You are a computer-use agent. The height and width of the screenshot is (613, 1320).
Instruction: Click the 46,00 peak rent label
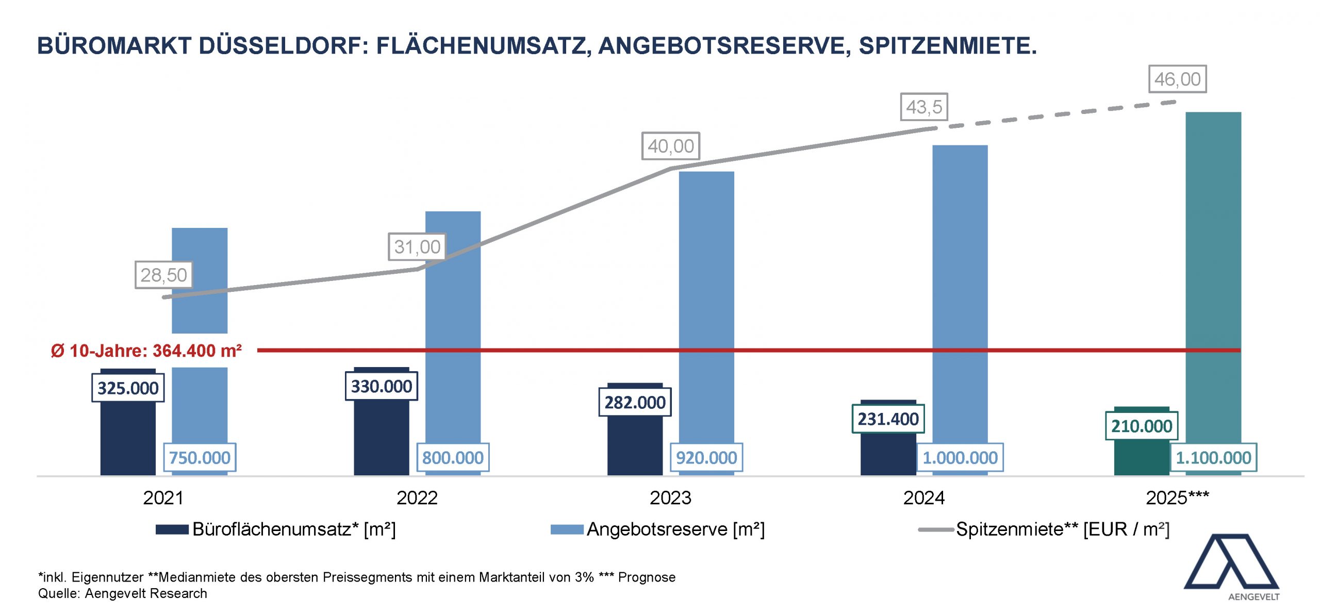pos(1177,79)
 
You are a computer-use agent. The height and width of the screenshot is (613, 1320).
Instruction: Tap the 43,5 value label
pos(923,107)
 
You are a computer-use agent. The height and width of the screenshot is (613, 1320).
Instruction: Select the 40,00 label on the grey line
pos(670,146)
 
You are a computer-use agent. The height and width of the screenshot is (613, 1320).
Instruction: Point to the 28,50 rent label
pos(163,275)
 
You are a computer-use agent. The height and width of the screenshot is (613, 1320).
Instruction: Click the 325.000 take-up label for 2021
pos(128,388)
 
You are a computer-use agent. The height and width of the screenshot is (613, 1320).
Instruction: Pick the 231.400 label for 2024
pos(888,419)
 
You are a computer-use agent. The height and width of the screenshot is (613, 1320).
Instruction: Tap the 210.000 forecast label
pos(1142,426)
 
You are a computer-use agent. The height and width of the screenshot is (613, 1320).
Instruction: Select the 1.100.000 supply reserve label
pos(1213,458)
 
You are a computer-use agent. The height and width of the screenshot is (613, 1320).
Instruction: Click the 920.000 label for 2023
pos(706,458)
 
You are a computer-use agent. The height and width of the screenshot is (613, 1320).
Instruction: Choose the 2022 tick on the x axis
pos(417,498)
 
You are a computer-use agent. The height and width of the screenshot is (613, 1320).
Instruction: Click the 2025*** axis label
pos(1177,498)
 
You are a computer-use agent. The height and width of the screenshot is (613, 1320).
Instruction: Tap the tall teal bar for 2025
pos(1213,258)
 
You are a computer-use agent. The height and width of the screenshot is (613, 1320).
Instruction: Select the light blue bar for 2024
pos(960,284)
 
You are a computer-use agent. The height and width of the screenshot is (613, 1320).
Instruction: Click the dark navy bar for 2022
pos(381,438)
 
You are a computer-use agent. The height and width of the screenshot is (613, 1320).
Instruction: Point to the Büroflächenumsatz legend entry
pos(276,529)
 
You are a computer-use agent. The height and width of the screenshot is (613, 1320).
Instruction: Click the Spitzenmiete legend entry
pos(1044,529)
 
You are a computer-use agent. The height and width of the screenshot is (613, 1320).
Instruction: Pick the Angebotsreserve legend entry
pos(658,529)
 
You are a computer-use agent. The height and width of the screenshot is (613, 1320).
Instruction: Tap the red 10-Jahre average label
pos(146,351)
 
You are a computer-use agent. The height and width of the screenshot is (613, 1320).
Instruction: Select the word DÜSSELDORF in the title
pos(284,46)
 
